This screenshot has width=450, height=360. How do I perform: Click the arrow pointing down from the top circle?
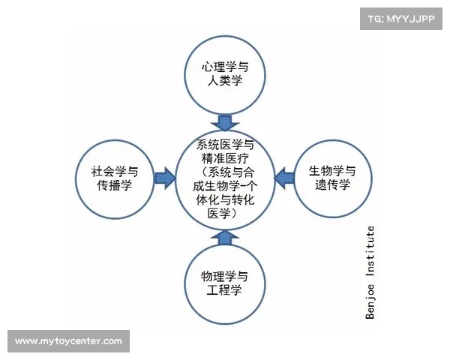(x=224, y=121)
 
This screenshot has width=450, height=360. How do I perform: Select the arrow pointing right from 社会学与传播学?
(x=163, y=178)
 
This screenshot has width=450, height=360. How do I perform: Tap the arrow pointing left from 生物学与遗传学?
(x=283, y=178)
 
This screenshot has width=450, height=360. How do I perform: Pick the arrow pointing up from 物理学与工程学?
(x=224, y=236)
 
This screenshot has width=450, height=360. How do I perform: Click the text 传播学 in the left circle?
(x=115, y=185)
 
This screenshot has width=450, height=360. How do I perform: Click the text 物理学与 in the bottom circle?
(x=224, y=276)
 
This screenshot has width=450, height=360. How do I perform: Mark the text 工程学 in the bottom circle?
(x=224, y=290)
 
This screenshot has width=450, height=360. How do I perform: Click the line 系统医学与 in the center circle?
(x=224, y=144)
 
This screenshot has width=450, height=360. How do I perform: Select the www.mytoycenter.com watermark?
(x=68, y=341)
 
